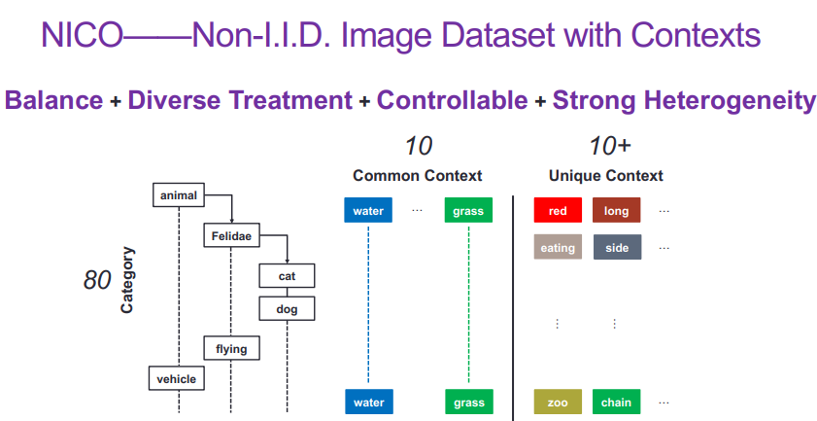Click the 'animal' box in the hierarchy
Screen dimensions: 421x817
pyautogui.click(x=180, y=195)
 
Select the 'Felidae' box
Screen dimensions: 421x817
pyautogui.click(x=231, y=235)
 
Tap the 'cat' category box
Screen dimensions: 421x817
pyautogui.click(x=287, y=276)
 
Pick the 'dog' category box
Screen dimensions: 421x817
pyautogui.click(x=287, y=310)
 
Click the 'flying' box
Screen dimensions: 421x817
pyautogui.click(x=231, y=348)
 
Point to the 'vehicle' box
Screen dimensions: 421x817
pyautogui.click(x=177, y=378)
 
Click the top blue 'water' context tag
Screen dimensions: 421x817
pyautogui.click(x=368, y=211)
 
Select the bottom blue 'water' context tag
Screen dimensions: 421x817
pyautogui.click(x=368, y=402)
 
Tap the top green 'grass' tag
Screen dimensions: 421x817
pyautogui.click(x=468, y=211)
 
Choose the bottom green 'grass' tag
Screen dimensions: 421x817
pyautogui.click(x=468, y=402)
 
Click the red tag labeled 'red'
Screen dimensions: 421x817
pyautogui.click(x=558, y=211)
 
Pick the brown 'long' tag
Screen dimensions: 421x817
pyautogui.click(x=616, y=211)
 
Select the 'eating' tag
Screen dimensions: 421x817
pyautogui.click(x=558, y=248)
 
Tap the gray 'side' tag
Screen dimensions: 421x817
pyautogui.click(x=616, y=248)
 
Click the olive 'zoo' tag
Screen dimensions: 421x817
pyautogui.click(x=558, y=402)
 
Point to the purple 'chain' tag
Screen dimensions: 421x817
pyautogui.click(x=616, y=402)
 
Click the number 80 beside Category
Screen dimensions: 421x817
pyautogui.click(x=97, y=281)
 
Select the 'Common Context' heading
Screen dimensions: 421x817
pyautogui.click(x=417, y=176)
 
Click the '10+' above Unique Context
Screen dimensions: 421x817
pyautogui.click(x=609, y=147)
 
